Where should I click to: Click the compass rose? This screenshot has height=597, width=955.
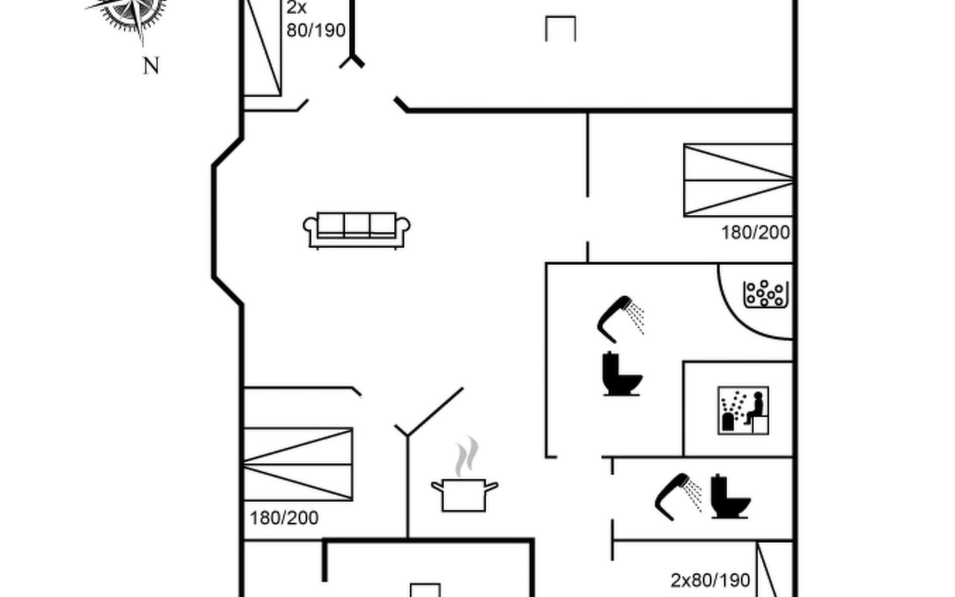(x=130, y=12)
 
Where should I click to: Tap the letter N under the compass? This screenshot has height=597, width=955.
(x=151, y=66)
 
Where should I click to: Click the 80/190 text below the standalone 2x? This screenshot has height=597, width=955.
(x=316, y=31)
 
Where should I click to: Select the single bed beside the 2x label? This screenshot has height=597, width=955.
(x=262, y=47)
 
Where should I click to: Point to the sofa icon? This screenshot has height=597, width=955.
(x=357, y=230)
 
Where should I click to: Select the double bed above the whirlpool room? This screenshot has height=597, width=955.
(x=738, y=180)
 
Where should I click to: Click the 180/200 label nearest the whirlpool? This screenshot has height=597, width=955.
(x=756, y=233)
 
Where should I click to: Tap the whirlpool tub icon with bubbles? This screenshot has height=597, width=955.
(x=765, y=294)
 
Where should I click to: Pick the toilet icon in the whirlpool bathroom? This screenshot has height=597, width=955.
(x=621, y=374)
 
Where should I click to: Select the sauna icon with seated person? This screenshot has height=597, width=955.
(x=743, y=410)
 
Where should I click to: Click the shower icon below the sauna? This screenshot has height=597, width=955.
(x=678, y=496)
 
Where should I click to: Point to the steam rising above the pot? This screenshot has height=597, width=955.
(x=466, y=457)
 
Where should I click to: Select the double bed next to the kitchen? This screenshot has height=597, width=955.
(x=298, y=464)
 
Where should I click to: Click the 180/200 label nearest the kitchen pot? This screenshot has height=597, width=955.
(x=284, y=518)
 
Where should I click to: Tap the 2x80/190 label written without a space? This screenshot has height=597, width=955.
(x=710, y=581)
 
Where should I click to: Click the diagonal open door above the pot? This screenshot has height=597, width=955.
(x=435, y=411)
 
